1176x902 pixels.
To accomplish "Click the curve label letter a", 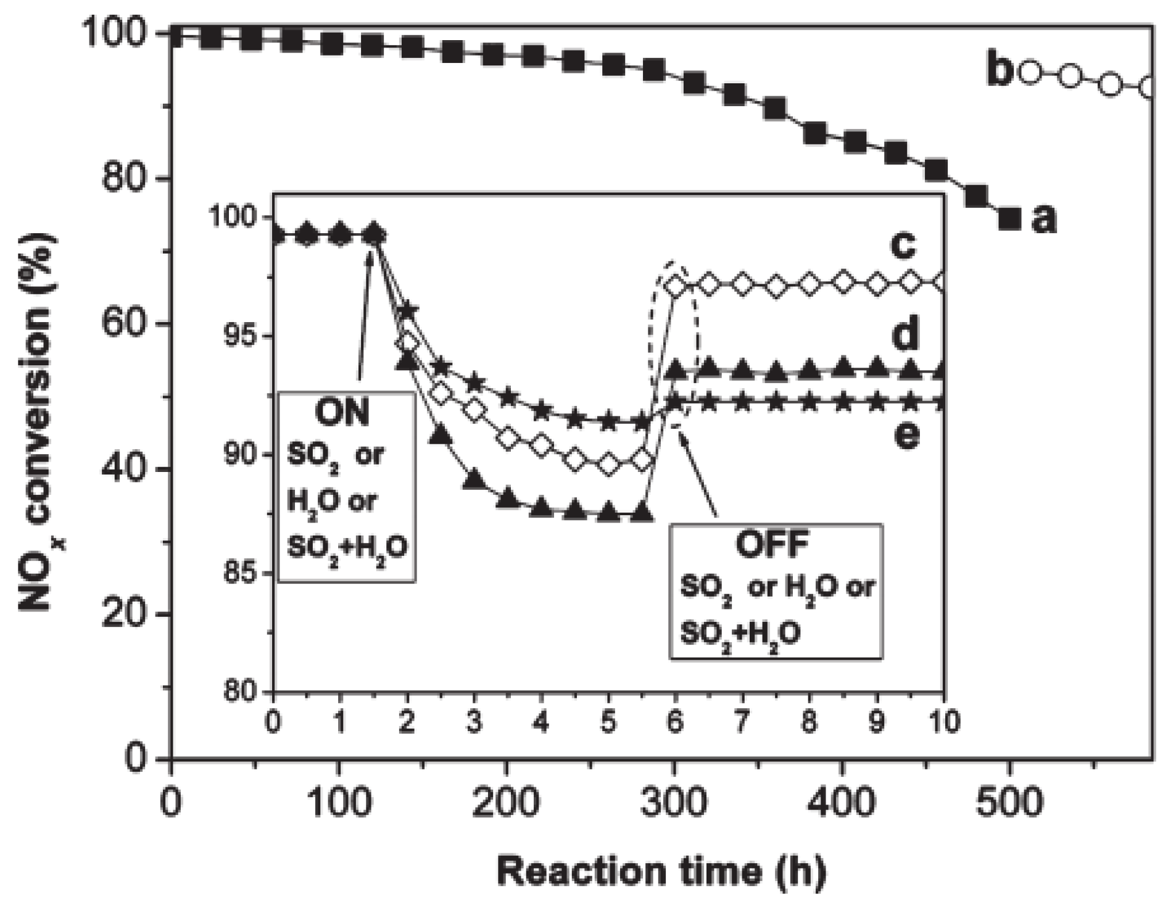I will (1044, 218).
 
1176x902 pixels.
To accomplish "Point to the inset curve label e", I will (906, 434).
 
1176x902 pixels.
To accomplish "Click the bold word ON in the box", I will (342, 412).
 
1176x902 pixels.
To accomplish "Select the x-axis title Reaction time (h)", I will (661, 871).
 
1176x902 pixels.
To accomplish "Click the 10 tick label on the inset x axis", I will (943, 721).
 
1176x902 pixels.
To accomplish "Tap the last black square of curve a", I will (1009, 218).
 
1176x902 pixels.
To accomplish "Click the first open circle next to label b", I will (1030, 73).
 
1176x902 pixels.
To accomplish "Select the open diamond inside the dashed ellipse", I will (676, 286).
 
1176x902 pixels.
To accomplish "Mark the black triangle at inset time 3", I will (474, 479).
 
